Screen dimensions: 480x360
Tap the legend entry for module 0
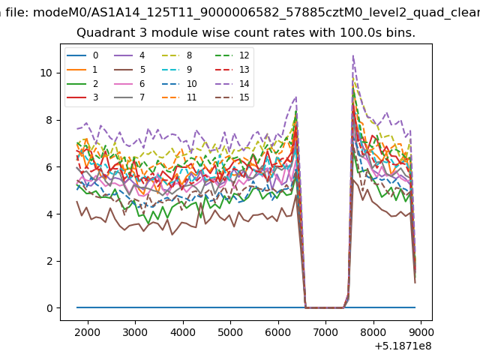point(82,55)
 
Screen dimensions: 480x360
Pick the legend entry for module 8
point(177,55)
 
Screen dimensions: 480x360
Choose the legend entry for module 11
point(179,97)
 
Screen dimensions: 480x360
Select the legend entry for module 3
point(82,97)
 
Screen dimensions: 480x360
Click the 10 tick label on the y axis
point(46,73)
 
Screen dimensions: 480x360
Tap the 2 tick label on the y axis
point(49,261)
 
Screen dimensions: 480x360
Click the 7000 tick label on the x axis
point(325,332)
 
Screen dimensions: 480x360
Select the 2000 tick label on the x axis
point(88,332)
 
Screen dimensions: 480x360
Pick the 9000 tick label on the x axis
point(421,332)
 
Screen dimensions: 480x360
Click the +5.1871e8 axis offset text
point(403,346)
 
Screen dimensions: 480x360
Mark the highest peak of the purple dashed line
point(353,55)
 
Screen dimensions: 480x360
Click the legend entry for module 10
point(179,83)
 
